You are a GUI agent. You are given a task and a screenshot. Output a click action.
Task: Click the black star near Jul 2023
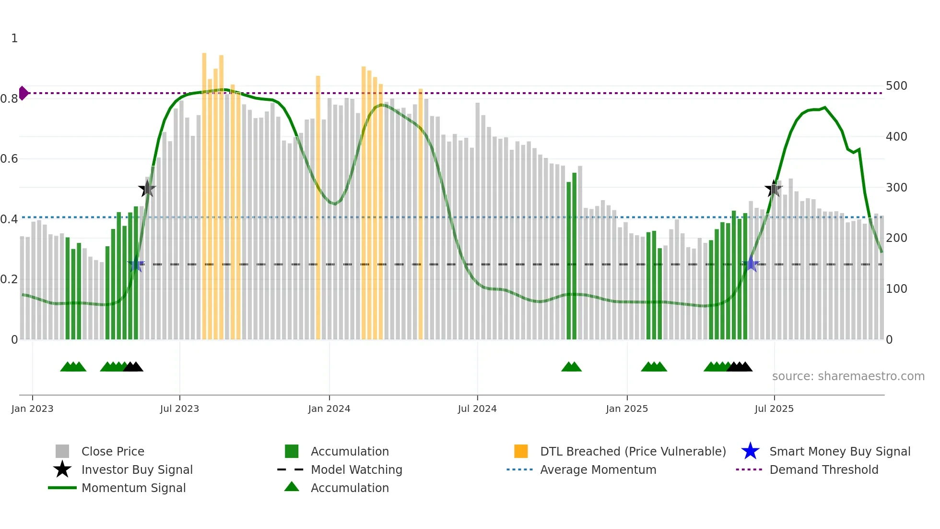[x=147, y=189]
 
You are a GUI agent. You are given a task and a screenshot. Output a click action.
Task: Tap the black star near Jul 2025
[x=774, y=189]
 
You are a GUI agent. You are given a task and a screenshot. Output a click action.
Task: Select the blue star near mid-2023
[x=136, y=264]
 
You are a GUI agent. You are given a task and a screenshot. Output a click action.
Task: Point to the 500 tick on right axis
[x=896, y=86]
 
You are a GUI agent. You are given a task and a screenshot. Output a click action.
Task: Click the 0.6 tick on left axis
[x=9, y=159]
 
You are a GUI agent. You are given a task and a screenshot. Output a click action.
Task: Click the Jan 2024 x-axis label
[x=329, y=409]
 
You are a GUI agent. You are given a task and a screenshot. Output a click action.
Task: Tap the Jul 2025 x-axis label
[x=774, y=409]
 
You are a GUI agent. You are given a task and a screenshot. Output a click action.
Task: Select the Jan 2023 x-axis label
[x=32, y=409]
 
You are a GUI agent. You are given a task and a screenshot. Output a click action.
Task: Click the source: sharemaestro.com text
[x=848, y=376]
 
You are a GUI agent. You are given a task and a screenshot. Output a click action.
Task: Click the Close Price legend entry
[x=113, y=452]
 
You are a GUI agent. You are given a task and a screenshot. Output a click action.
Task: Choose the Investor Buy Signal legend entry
[x=137, y=470]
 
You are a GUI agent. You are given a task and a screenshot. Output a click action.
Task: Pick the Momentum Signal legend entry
[x=133, y=488]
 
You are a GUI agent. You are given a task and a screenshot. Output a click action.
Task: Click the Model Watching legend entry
[x=356, y=470]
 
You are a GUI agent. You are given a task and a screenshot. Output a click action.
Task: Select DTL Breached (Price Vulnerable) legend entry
[x=633, y=452]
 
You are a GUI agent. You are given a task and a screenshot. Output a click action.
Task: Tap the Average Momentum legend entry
[x=598, y=470]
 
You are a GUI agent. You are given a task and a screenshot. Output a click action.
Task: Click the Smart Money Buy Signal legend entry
[x=839, y=452]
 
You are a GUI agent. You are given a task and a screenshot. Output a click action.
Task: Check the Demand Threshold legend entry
[x=823, y=470]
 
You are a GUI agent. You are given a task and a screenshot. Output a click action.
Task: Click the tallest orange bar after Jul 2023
[x=204, y=192]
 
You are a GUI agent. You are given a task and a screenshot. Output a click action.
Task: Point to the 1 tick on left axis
[x=14, y=38]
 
